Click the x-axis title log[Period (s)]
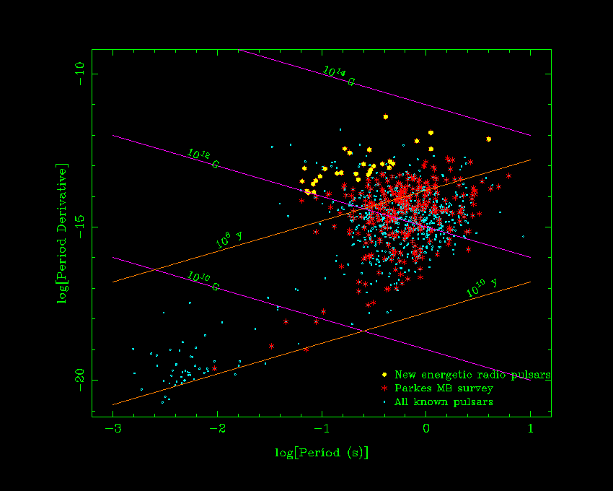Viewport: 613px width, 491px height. point(322,453)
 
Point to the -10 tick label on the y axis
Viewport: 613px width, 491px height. point(79,74)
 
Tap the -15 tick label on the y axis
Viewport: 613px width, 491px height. point(79,227)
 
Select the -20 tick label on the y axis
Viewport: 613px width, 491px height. point(79,380)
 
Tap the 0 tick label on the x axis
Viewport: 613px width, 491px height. point(426,428)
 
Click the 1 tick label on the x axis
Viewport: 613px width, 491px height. point(531,428)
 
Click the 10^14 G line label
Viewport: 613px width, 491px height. point(338,76)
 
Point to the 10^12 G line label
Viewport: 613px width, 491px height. point(203,158)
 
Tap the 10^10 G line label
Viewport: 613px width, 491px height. point(203,281)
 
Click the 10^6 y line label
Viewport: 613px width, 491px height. point(229,240)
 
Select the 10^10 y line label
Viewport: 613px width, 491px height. point(481,288)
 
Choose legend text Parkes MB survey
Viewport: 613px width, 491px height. point(444,388)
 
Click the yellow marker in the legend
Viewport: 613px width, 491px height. point(384,375)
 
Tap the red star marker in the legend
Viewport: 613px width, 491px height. point(384,388)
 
